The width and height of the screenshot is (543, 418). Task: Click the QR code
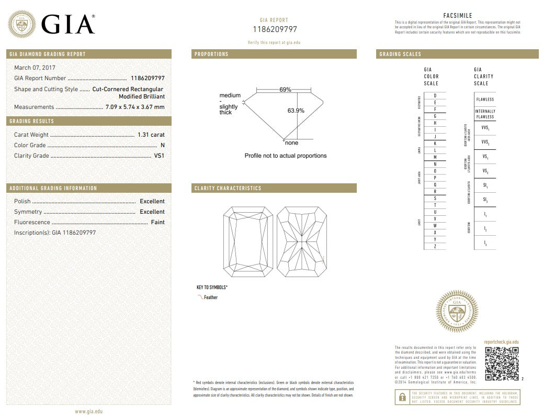pyautogui.click(x=501, y=364)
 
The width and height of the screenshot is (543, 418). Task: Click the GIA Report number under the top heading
pyautogui.click(x=275, y=29)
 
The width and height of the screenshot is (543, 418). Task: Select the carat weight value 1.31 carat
pyautogui.click(x=151, y=135)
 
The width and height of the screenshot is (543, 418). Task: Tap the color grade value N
pyautogui.click(x=162, y=145)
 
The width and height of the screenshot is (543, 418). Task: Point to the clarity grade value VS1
pyautogui.click(x=159, y=156)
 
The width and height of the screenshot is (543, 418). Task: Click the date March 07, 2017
pyautogui.click(x=35, y=68)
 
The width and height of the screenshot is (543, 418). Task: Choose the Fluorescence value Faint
pyautogui.click(x=157, y=222)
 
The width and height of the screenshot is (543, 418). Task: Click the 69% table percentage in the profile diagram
pyautogui.click(x=285, y=90)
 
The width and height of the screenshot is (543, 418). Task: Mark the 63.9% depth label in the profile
pyautogui.click(x=296, y=111)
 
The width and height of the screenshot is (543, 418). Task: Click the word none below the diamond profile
pyautogui.click(x=292, y=143)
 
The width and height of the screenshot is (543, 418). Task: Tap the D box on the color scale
pyautogui.click(x=435, y=95)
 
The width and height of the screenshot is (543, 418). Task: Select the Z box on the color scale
pyautogui.click(x=435, y=246)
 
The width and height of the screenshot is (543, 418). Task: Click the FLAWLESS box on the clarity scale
pyautogui.click(x=485, y=99)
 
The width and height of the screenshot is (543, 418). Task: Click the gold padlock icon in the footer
pyautogui.click(x=401, y=398)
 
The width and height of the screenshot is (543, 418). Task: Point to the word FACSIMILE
pyautogui.click(x=458, y=16)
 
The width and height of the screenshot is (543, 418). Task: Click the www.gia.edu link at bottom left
pyautogui.click(x=88, y=412)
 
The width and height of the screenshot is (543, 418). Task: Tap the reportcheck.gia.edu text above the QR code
pyautogui.click(x=501, y=341)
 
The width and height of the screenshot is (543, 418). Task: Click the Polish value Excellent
pyautogui.click(x=152, y=201)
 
